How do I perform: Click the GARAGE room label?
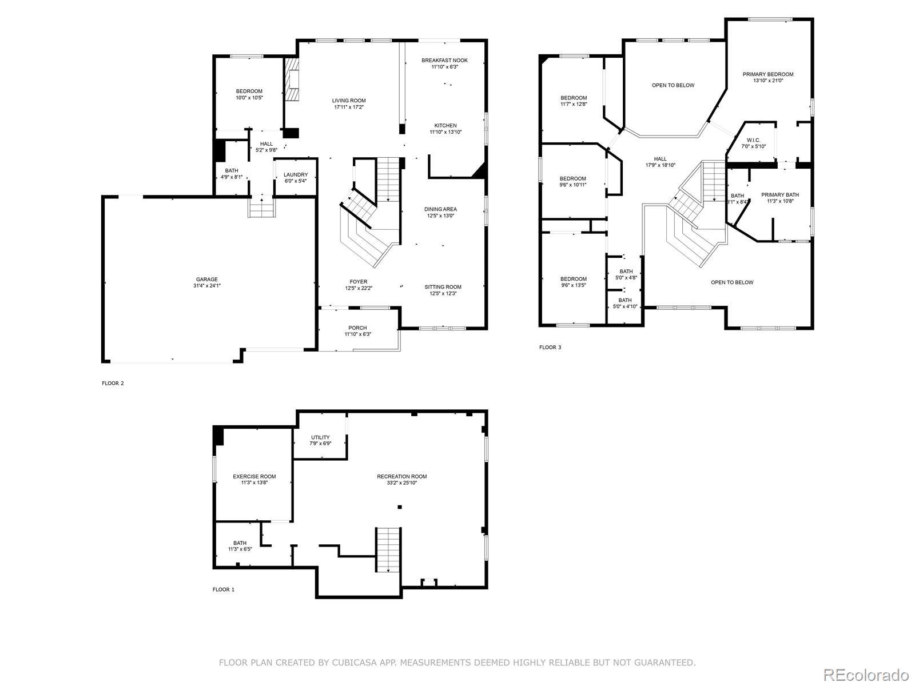pyautogui.click(x=207, y=279)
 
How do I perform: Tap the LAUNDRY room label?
pyautogui.click(x=296, y=174)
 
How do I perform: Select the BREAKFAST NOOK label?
pyautogui.click(x=444, y=61)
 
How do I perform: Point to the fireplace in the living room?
pyautogui.click(x=292, y=79)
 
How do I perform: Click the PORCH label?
pyautogui.click(x=357, y=328)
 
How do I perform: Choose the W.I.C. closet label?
pyautogui.click(x=753, y=141)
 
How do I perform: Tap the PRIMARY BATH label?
pyautogui.click(x=780, y=194)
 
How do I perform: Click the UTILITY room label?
pyautogui.click(x=320, y=437)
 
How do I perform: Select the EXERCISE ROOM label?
pyautogui.click(x=254, y=477)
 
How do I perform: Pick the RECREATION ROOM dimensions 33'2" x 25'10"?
pyautogui.click(x=402, y=482)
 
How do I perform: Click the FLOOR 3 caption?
pyautogui.click(x=550, y=348)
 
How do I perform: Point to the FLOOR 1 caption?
pyautogui.click(x=224, y=589)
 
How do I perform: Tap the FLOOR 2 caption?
pyautogui.click(x=113, y=383)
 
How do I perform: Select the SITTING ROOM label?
pyautogui.click(x=443, y=287)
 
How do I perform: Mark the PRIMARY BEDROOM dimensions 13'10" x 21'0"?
pyautogui.click(x=768, y=81)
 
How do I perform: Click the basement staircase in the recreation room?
pyautogui.click(x=388, y=550)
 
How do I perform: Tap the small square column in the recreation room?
pyautogui.click(x=399, y=507)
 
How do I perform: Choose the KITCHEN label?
pyautogui.click(x=445, y=125)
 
